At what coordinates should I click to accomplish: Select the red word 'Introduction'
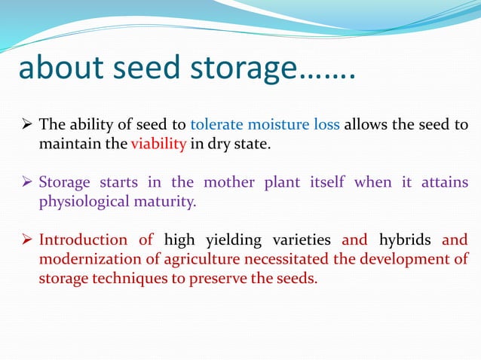point(83,240)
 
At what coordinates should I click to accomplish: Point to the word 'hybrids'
point(404,240)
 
